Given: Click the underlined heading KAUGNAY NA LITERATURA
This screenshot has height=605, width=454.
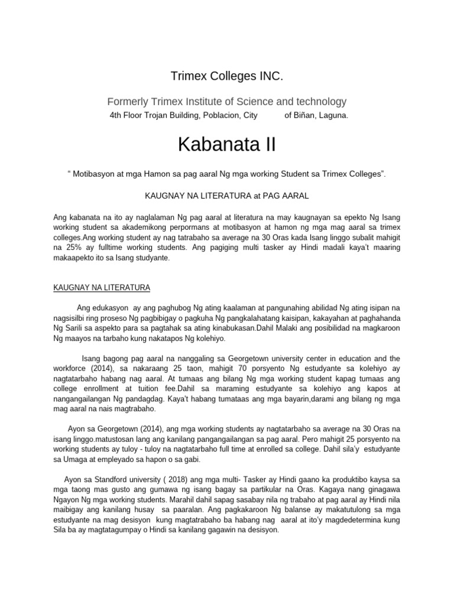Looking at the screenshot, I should pos(102,288).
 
